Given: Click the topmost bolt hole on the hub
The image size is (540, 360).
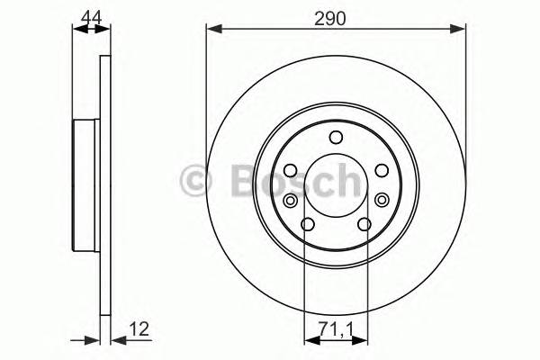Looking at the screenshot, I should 337,137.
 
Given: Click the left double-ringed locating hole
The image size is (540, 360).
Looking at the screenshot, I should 292,200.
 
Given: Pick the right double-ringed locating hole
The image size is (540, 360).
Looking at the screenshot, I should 382,200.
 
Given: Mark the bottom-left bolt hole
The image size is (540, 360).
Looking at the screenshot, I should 307,224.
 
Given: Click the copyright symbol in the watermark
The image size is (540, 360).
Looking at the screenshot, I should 197,180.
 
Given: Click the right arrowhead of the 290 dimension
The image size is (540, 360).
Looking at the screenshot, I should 460,30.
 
